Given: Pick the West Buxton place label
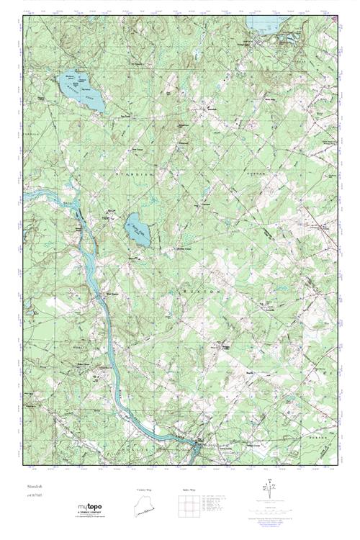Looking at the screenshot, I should (111, 293).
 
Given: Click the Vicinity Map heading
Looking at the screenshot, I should (145, 489).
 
